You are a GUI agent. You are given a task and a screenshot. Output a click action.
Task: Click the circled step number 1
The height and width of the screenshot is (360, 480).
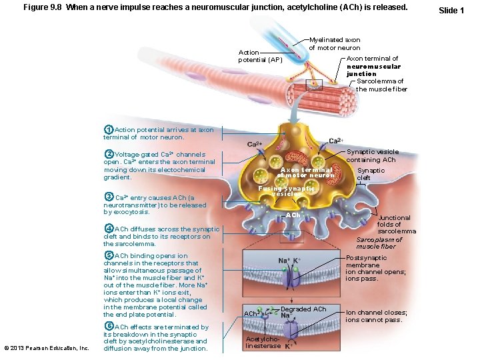point(109,129)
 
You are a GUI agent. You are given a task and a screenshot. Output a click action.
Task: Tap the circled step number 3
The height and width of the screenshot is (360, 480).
point(109,197)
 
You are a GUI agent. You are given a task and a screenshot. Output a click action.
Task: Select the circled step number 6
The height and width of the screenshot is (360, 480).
point(109,326)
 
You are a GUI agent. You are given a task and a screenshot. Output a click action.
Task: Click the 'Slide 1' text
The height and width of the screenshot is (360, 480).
point(451,11)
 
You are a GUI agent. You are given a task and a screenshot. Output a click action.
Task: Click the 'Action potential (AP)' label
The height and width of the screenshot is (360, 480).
point(260,56)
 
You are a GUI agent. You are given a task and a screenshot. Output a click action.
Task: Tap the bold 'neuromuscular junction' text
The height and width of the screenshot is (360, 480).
point(373,70)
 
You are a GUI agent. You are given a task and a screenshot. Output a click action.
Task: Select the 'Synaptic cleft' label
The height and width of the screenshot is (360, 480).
point(371,174)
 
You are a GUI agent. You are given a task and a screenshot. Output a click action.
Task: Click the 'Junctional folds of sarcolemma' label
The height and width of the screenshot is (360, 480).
point(397,225)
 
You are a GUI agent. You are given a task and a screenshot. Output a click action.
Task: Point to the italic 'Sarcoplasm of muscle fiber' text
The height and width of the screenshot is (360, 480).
point(379,243)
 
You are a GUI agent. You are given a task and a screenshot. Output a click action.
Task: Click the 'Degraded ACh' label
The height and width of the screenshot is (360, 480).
point(303,309)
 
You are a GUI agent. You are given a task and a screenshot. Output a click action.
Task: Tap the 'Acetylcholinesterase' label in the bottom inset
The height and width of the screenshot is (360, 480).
point(263,343)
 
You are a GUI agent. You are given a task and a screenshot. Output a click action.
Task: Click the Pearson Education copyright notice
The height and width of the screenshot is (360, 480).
point(47,348)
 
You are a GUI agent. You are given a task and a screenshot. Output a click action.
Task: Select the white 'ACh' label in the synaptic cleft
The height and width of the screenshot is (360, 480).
point(293,215)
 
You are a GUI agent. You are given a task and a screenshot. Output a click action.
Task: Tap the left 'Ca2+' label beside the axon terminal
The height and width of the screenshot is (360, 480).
point(255,144)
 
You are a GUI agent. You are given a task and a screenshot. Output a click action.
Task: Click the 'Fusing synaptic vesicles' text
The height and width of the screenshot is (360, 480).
point(286,191)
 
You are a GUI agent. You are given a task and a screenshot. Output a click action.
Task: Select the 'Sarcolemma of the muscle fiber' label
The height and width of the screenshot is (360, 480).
point(381,85)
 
